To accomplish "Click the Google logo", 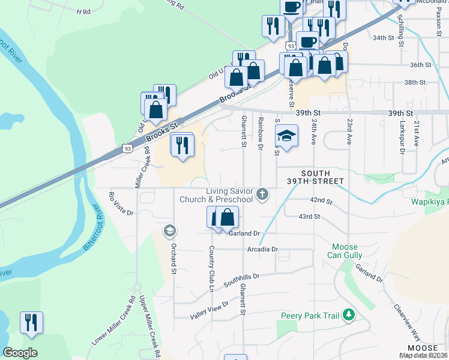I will tap(20, 353).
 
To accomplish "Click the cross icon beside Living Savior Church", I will tap(262, 194).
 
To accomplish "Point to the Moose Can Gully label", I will tap(345, 251).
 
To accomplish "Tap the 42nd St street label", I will tap(321, 200).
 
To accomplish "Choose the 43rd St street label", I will tap(310, 217).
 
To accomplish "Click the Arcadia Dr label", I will tap(262, 249).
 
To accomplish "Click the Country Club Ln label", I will tap(211, 268).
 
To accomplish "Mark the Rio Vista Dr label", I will tap(120, 203).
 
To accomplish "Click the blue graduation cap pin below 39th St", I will tap(287, 136).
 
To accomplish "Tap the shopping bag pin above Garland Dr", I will tap(228, 217).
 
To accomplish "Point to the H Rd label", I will tap(83, 11).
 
